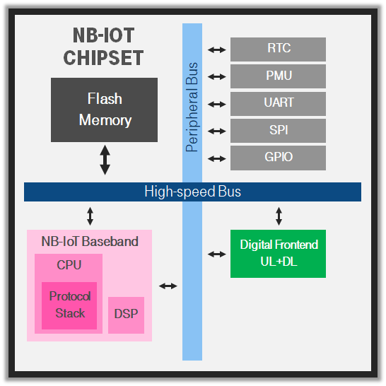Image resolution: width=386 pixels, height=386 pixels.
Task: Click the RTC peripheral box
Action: click(x=278, y=49)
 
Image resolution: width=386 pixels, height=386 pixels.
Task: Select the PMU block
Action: click(x=278, y=76)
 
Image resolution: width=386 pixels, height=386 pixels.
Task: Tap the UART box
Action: click(x=278, y=104)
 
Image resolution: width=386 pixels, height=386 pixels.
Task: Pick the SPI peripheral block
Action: click(x=278, y=131)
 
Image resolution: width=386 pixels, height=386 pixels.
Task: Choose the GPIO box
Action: click(x=278, y=158)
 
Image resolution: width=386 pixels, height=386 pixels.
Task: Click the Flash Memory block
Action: click(x=104, y=110)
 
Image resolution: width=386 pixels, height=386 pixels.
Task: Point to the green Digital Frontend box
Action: click(x=278, y=254)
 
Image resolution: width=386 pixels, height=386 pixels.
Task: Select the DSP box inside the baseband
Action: click(x=126, y=315)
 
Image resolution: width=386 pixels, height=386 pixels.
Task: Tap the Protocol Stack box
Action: click(x=69, y=305)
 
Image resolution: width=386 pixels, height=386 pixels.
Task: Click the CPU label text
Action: click(x=69, y=265)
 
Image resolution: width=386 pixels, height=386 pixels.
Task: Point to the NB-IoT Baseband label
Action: click(x=90, y=241)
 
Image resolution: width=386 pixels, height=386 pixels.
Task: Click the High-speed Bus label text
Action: click(x=192, y=192)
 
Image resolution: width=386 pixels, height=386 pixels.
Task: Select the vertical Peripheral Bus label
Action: click(x=192, y=107)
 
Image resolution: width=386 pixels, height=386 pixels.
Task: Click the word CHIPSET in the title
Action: click(x=103, y=57)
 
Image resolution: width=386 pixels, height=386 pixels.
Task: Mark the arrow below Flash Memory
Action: click(x=105, y=160)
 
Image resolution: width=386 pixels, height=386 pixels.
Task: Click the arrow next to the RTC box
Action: click(x=216, y=50)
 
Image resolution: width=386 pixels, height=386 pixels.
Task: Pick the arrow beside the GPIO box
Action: click(x=216, y=159)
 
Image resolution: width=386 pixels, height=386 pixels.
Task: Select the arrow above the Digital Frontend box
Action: click(x=279, y=216)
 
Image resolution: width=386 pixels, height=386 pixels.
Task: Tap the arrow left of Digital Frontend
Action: click(x=216, y=254)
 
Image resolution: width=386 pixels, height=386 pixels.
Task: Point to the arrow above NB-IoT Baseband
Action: click(x=90, y=216)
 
